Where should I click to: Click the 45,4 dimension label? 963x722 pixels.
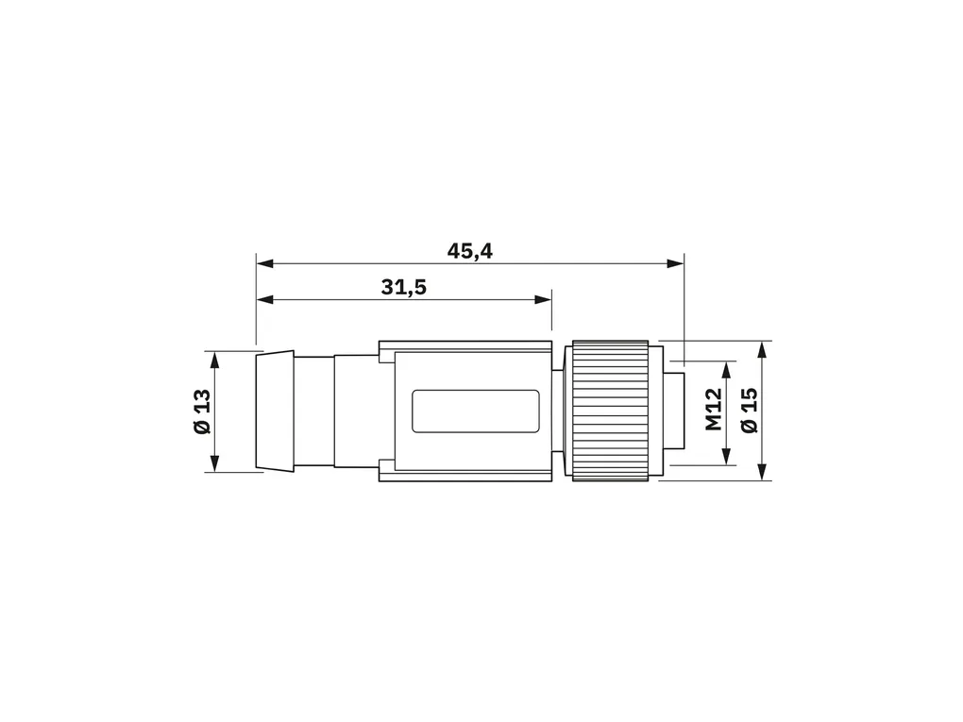470,251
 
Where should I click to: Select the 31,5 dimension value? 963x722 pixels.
403,287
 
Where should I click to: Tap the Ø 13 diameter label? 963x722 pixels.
202,411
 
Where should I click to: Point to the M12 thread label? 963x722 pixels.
713,410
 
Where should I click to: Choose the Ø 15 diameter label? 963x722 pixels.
750,411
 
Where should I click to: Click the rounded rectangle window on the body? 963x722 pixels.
475,411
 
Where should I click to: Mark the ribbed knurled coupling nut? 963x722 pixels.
611,411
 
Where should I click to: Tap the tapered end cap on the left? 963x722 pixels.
275,411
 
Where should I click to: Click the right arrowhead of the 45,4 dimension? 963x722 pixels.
676,263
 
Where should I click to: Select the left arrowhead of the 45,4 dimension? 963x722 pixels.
264,263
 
